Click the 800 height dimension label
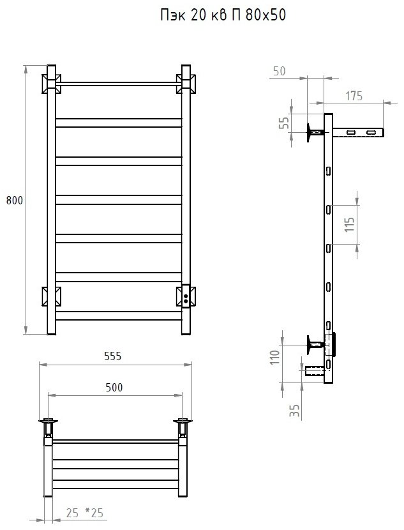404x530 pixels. pyautogui.click(x=15, y=200)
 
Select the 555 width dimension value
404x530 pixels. pyautogui.click(x=112, y=356)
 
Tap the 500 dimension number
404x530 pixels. pyautogui.click(x=114, y=388)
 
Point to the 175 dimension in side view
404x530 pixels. pyautogui.click(x=354, y=96)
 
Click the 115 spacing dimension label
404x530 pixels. pyautogui.click(x=350, y=224)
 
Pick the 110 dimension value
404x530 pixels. pyautogui.click(x=275, y=358)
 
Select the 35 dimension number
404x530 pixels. pyautogui.click(x=295, y=411)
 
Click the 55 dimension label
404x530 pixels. pyautogui.click(x=285, y=123)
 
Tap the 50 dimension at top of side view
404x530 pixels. pyautogui.click(x=280, y=71)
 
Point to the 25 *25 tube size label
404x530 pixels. pyautogui.click(x=85, y=513)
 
